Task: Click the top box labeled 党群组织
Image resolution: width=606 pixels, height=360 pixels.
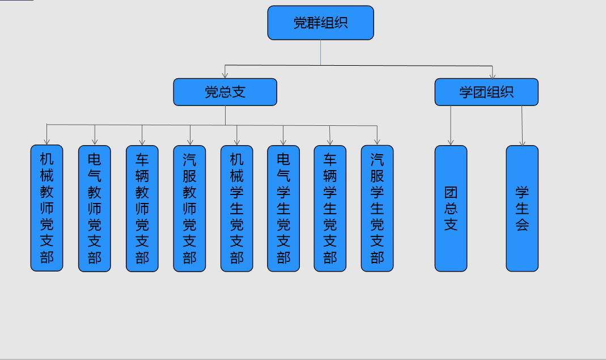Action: point(320,23)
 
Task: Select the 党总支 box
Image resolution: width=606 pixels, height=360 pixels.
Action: point(225,92)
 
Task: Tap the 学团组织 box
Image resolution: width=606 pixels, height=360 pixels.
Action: point(486,92)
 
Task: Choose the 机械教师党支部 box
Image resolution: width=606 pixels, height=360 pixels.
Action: point(46,208)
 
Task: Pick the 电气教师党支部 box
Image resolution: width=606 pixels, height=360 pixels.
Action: point(94,209)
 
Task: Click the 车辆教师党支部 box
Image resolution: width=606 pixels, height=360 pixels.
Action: point(142,209)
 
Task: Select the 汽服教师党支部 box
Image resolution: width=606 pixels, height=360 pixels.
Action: point(189,209)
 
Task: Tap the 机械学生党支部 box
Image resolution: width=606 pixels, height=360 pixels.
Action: point(236,209)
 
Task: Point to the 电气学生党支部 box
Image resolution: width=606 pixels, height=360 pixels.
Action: point(283,209)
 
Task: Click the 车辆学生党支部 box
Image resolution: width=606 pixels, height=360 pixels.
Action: point(330,209)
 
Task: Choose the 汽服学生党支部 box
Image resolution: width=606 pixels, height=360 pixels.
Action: point(377,209)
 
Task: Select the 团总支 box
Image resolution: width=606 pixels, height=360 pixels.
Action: point(451,209)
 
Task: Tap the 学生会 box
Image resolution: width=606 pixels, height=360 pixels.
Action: point(522,209)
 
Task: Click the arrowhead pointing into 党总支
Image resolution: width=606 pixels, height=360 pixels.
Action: point(225,75)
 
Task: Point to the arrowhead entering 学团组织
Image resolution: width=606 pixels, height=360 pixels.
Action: point(493,75)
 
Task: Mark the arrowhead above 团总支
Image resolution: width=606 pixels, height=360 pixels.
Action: point(451,142)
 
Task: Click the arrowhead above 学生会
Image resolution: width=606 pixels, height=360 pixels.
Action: point(523,142)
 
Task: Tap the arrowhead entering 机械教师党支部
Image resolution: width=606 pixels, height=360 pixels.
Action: point(46,142)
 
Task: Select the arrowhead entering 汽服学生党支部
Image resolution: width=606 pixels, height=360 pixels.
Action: point(377,142)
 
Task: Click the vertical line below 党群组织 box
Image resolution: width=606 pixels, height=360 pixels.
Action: point(320,53)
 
